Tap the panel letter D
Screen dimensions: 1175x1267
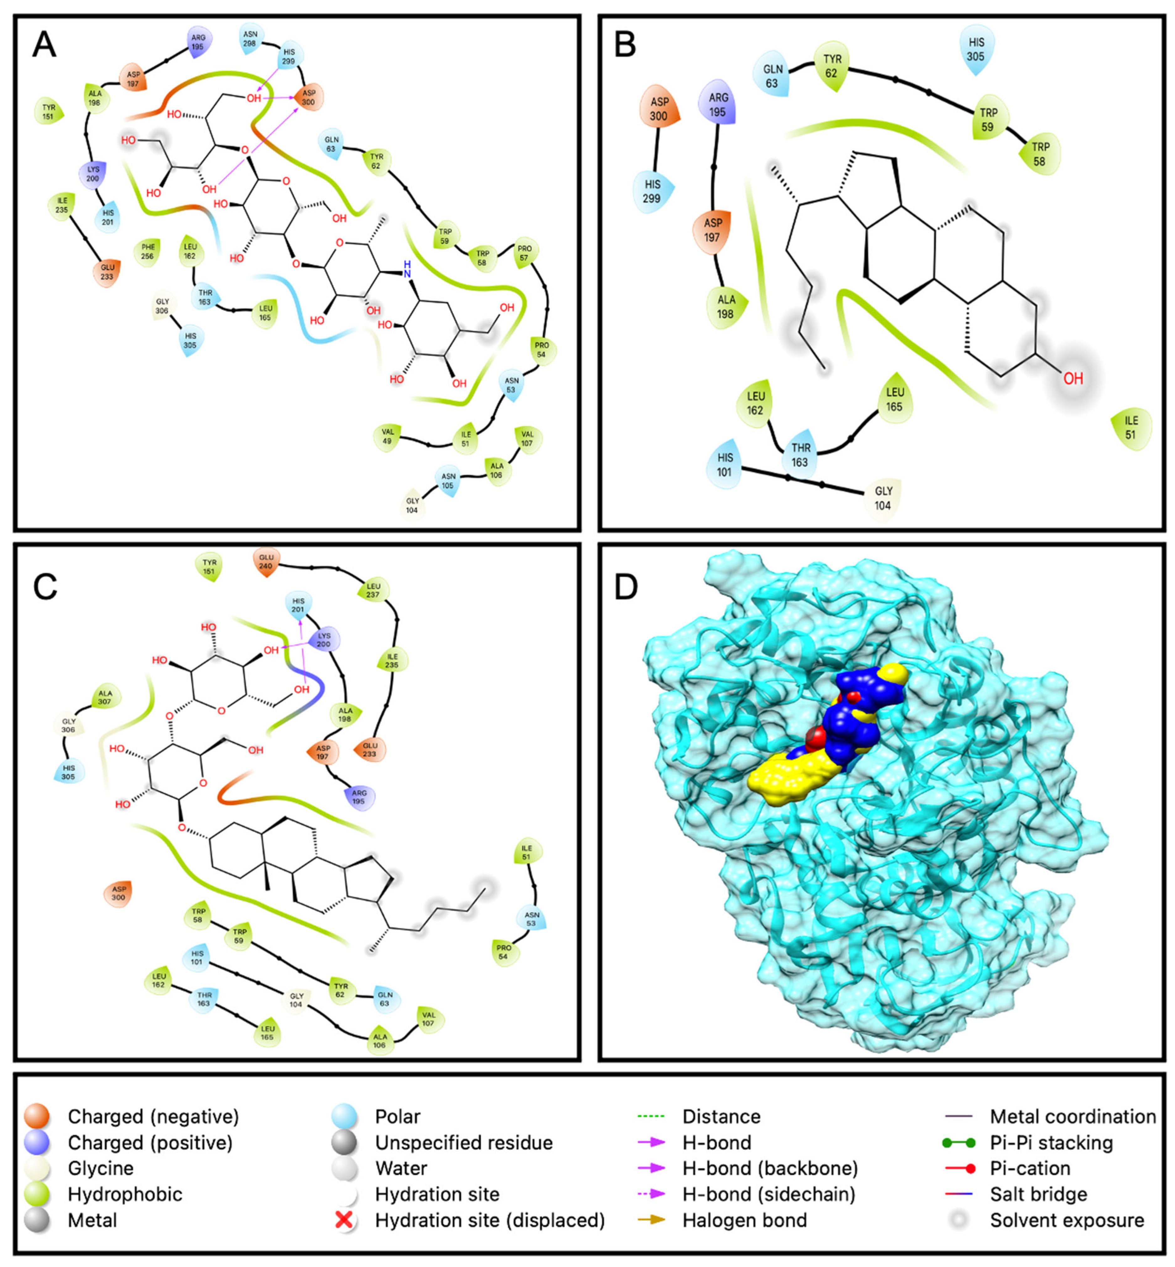coord(626,588)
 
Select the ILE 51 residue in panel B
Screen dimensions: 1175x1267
coord(1130,428)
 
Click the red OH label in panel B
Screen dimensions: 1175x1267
coord(1073,379)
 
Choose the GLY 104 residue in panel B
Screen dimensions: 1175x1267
coord(883,498)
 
